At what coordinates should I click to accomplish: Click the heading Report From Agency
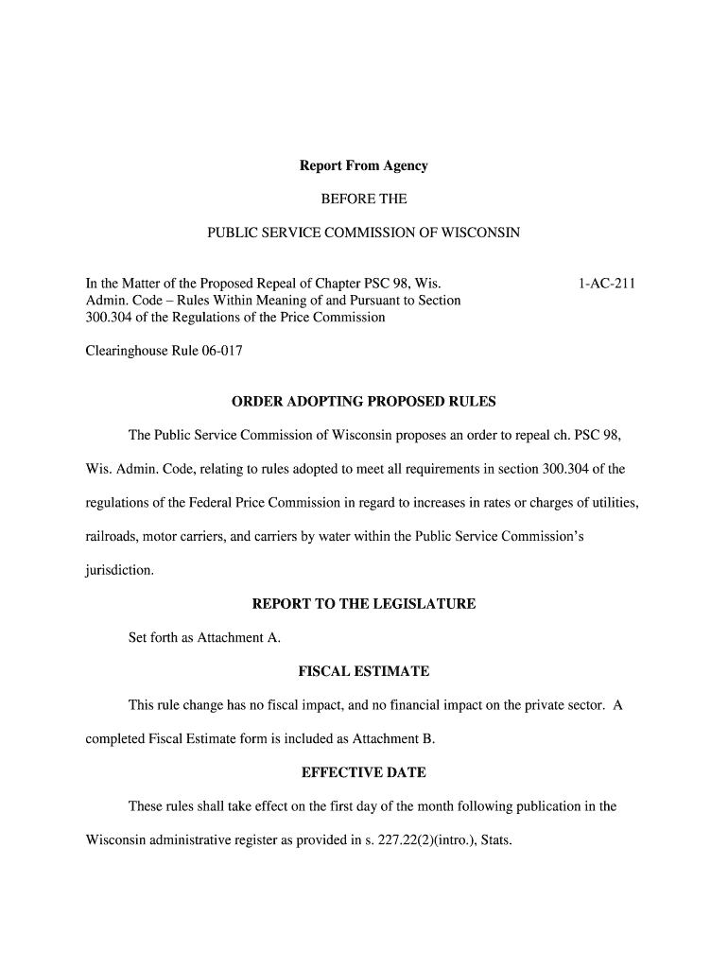[x=363, y=166]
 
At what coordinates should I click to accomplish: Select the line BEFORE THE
[x=363, y=199]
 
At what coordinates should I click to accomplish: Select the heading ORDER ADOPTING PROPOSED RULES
[x=363, y=402]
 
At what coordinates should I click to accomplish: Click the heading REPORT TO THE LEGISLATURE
[x=363, y=604]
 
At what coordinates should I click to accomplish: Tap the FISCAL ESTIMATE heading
[x=363, y=672]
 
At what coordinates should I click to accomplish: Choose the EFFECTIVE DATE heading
[x=363, y=773]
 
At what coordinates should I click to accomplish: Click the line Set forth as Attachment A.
[x=204, y=638]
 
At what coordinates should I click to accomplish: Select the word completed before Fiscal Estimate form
[x=115, y=739]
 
